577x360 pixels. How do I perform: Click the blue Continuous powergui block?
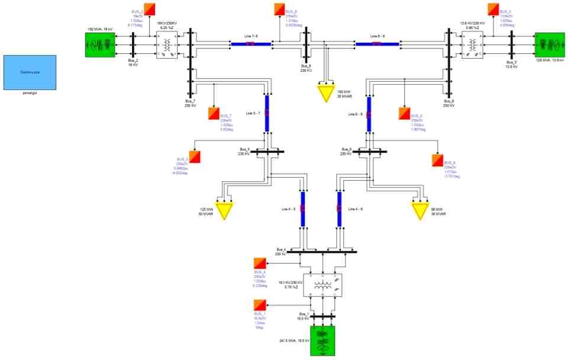tap(30, 72)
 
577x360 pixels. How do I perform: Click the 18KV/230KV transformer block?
tap(168, 45)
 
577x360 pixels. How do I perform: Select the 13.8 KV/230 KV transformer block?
tap(472, 45)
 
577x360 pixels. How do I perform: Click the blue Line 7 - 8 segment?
tap(250, 43)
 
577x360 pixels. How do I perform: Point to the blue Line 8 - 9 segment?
tap(377, 43)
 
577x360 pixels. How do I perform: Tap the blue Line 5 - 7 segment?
tap(267, 112)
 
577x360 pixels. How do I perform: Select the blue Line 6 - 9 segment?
tap(369, 112)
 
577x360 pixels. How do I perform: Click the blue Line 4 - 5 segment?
tap(302, 208)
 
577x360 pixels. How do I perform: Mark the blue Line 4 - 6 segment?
tap(339, 208)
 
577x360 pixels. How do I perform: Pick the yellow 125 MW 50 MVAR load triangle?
tap(224, 211)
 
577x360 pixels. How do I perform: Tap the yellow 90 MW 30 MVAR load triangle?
tap(420, 211)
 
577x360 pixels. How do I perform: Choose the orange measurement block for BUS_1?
tap(259, 306)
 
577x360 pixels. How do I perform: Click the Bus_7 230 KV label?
tap(182, 104)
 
